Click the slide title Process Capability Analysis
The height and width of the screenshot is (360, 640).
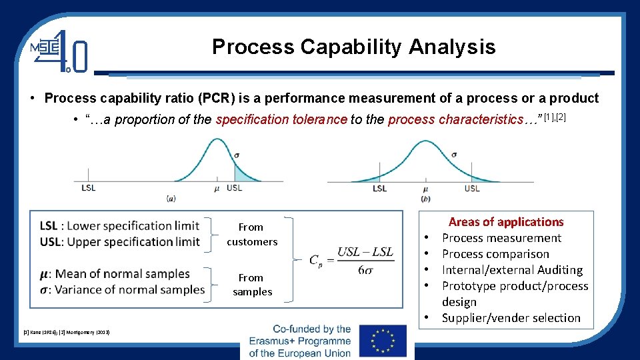(x=353, y=47)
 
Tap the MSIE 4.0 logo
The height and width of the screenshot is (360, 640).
(x=59, y=51)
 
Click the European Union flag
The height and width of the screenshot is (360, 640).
(x=382, y=341)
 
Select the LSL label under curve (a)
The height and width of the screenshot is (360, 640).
(x=88, y=188)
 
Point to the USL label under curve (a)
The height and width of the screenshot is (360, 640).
(x=235, y=188)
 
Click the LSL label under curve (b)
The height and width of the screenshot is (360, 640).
(x=379, y=189)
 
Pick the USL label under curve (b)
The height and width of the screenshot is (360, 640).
(x=472, y=189)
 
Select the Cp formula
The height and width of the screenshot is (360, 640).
(x=351, y=259)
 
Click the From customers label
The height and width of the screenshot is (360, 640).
(x=252, y=235)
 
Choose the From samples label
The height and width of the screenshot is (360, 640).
(x=252, y=285)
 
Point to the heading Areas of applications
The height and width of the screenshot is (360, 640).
(x=506, y=222)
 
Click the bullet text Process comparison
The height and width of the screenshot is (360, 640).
(x=495, y=254)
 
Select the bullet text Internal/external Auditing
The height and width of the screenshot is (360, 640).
(x=512, y=270)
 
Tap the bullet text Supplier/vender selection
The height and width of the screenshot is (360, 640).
(x=511, y=318)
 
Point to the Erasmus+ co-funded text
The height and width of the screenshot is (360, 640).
(x=300, y=341)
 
